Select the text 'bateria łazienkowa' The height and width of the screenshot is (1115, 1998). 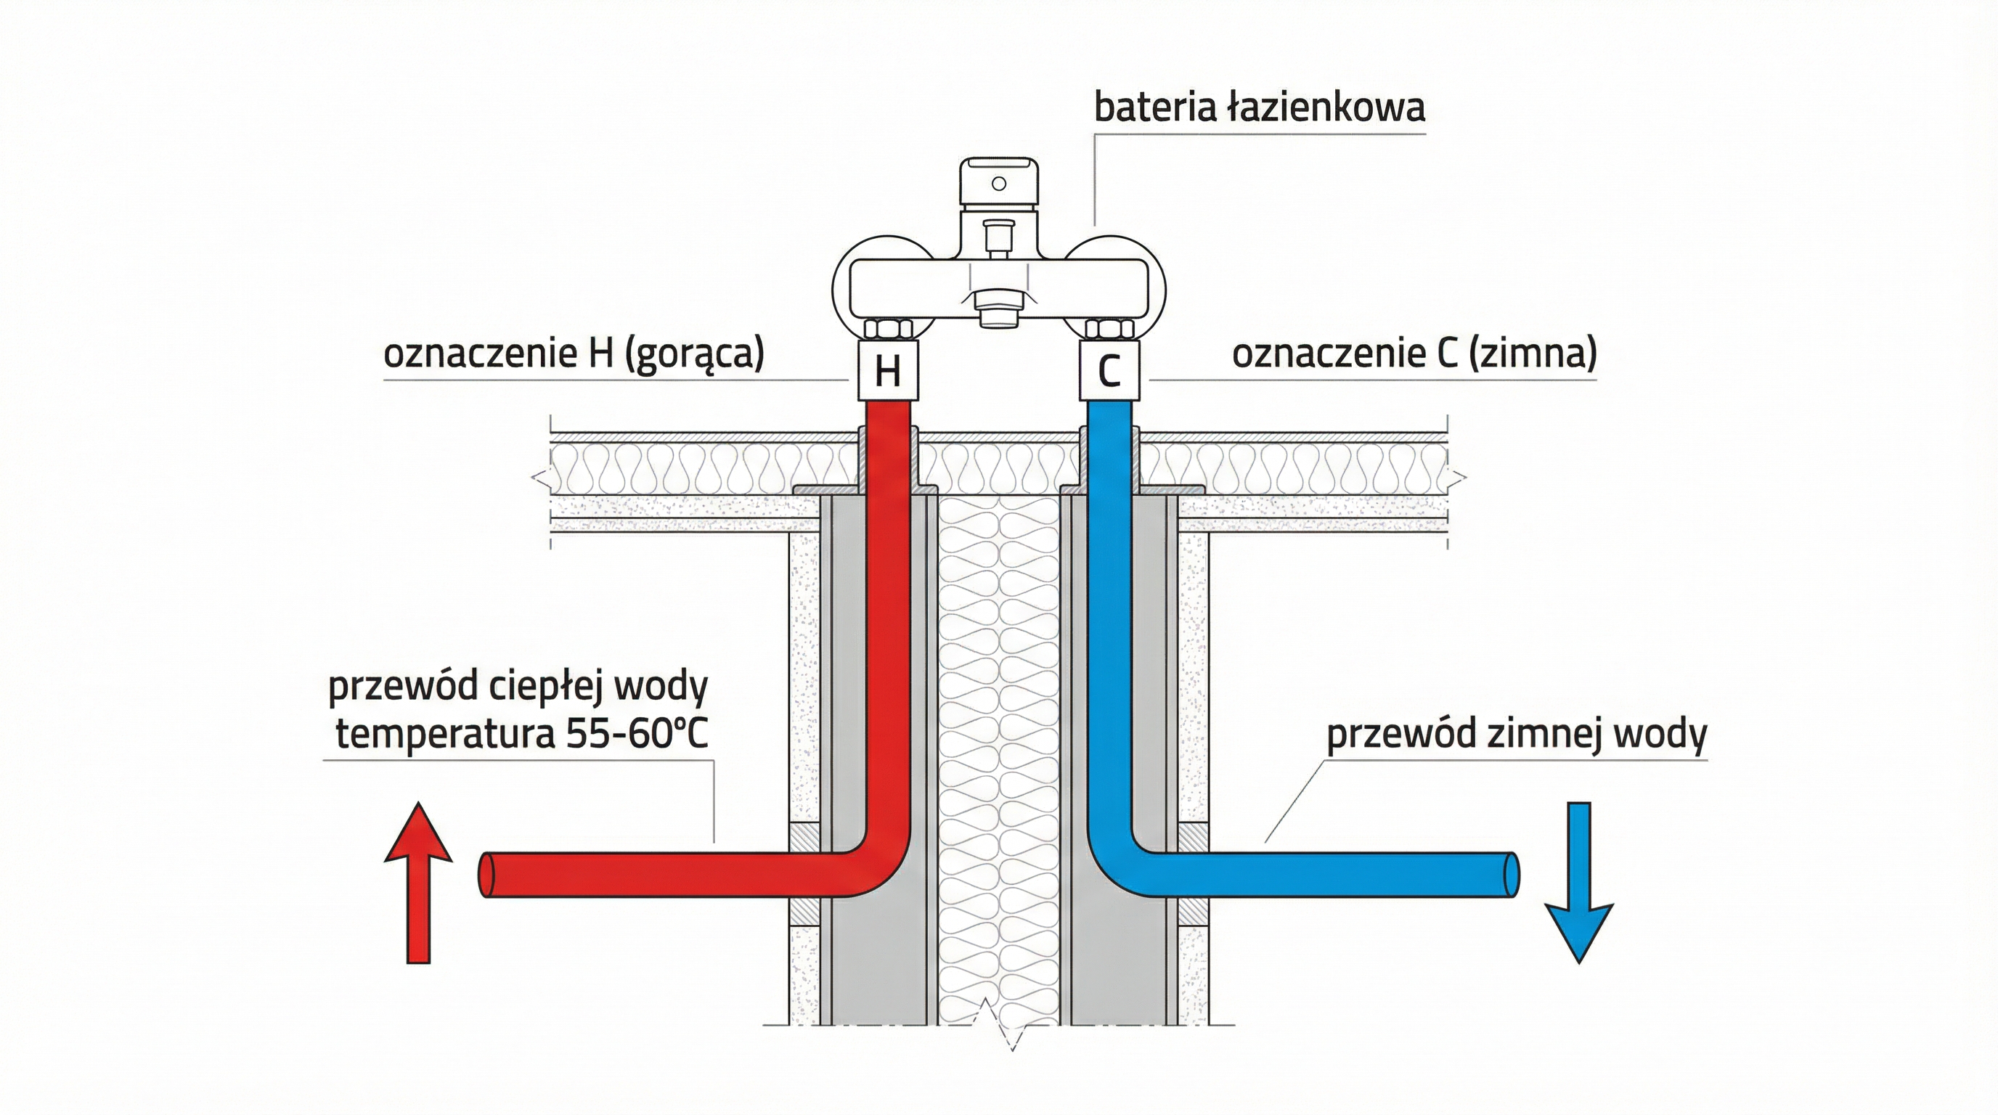click(1259, 107)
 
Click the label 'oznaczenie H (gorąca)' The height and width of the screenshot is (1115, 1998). click(574, 354)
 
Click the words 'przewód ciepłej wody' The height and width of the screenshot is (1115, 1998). click(518, 686)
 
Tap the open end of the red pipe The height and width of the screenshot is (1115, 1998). click(487, 875)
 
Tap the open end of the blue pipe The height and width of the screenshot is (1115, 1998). click(1512, 875)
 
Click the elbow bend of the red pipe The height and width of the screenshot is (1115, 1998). click(876, 865)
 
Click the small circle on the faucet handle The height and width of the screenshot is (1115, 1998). click(999, 184)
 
